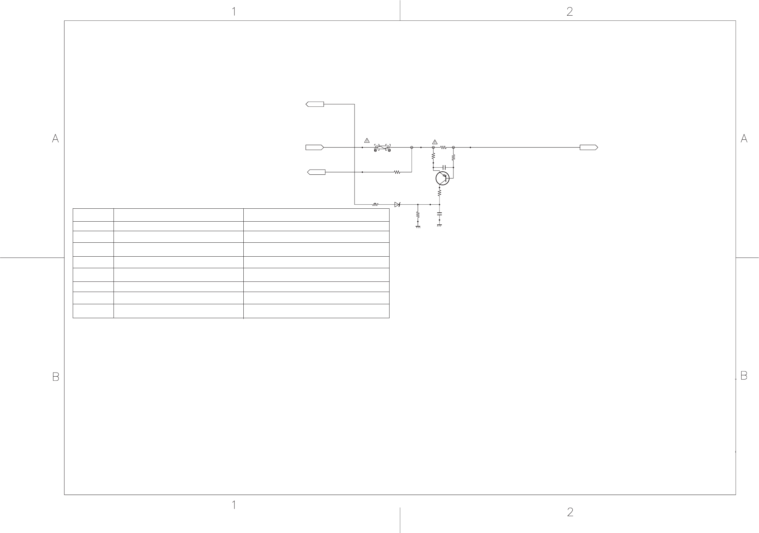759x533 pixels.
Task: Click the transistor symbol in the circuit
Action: click(x=443, y=178)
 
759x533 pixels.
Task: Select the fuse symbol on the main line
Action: click(x=382, y=148)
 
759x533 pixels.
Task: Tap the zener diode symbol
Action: click(x=397, y=204)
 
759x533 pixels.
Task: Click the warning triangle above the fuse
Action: click(x=367, y=140)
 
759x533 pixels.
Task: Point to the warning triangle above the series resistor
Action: click(x=435, y=142)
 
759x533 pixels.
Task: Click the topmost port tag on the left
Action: click(x=315, y=104)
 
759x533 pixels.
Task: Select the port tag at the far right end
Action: click(x=589, y=148)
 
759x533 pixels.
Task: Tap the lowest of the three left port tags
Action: click(x=316, y=172)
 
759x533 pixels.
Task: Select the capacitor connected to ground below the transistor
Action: click(x=439, y=214)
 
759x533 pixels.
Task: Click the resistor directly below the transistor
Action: click(x=439, y=193)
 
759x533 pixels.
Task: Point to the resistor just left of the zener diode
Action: click(x=375, y=204)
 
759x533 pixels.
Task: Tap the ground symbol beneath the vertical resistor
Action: click(x=418, y=227)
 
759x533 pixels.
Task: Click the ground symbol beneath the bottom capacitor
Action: click(x=439, y=226)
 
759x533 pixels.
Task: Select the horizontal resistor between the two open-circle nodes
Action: click(x=443, y=148)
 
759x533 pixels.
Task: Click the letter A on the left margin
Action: click(x=55, y=139)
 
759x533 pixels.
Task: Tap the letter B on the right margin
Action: click(x=744, y=376)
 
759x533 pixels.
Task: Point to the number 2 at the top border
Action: click(x=570, y=12)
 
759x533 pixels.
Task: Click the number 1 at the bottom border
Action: click(x=234, y=505)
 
